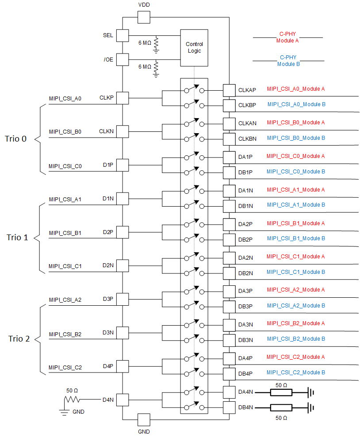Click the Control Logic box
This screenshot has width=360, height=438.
click(x=194, y=47)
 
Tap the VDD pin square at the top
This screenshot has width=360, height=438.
click(x=144, y=17)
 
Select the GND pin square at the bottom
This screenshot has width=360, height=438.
click(x=144, y=419)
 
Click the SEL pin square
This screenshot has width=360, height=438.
click(x=122, y=35)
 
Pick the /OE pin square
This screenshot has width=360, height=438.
click(x=122, y=59)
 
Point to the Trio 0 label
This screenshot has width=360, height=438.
click(x=16, y=138)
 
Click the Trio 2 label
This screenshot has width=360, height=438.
click(x=19, y=339)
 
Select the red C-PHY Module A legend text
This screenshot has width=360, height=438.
click(x=287, y=37)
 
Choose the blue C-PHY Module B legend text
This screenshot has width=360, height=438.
click(x=288, y=61)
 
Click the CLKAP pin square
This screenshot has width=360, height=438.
click(x=229, y=90)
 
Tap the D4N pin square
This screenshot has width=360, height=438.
click(x=122, y=400)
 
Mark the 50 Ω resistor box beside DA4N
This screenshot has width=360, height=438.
click(x=281, y=392)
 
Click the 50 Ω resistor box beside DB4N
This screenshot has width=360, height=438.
click(x=281, y=407)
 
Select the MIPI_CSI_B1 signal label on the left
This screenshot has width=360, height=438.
click(x=65, y=233)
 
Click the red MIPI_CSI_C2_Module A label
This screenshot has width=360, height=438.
click(x=296, y=357)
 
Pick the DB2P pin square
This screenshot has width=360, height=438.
click(x=229, y=239)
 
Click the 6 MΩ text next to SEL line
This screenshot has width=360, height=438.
click(x=145, y=42)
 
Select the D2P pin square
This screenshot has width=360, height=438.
click(x=122, y=232)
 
